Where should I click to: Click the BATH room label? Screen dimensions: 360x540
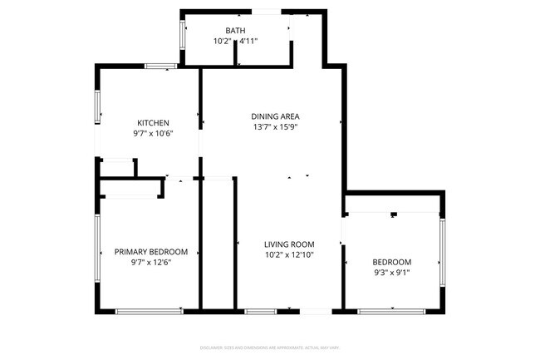click(x=236, y=31)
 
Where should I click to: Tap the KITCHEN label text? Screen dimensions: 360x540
click(x=153, y=123)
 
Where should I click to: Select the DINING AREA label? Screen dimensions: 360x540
click(x=275, y=116)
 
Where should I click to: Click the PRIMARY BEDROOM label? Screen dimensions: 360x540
click(x=151, y=252)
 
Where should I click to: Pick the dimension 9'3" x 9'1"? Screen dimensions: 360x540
click(x=392, y=271)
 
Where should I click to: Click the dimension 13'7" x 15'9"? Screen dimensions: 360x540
click(x=275, y=127)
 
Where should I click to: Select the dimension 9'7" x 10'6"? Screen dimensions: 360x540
click(x=153, y=134)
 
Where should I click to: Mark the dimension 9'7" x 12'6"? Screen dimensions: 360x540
click(x=151, y=263)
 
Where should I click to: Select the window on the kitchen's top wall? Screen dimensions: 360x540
click(x=160, y=66)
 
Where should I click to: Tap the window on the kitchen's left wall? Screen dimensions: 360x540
click(x=97, y=106)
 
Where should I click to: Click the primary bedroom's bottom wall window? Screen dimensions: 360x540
click(x=150, y=311)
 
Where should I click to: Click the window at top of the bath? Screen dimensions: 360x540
click(x=267, y=11)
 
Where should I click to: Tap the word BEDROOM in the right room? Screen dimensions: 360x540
click(x=392, y=260)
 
